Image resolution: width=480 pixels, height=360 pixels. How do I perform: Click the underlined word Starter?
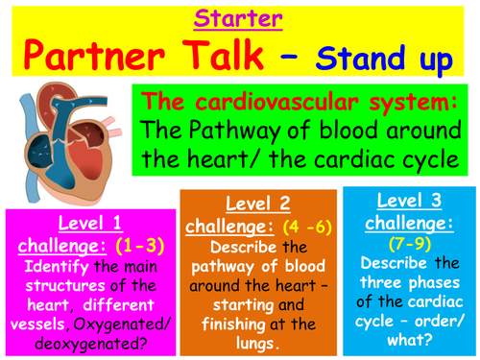point(239,18)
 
